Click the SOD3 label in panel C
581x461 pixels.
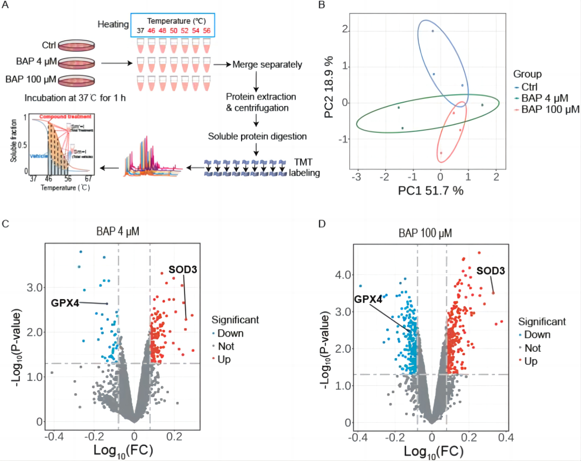click(x=183, y=269)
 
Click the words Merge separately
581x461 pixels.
click(x=267, y=65)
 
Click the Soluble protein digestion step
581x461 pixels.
click(x=257, y=137)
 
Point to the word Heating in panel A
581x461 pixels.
click(x=113, y=25)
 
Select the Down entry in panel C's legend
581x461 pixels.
click(x=230, y=333)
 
